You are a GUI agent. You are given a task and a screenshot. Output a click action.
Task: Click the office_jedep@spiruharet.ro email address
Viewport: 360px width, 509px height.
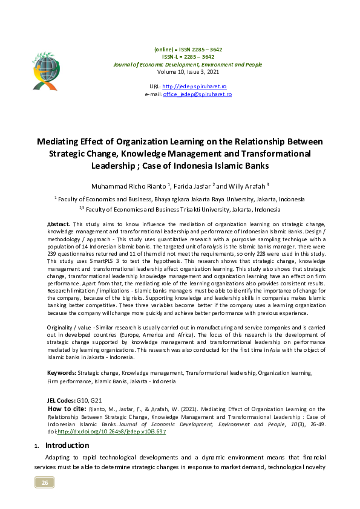197,94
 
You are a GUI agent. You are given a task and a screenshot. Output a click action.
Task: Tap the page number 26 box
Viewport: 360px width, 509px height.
44,482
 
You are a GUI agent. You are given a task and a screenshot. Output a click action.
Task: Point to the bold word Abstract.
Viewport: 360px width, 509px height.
58,224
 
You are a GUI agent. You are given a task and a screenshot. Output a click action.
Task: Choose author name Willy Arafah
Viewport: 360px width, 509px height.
246,186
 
